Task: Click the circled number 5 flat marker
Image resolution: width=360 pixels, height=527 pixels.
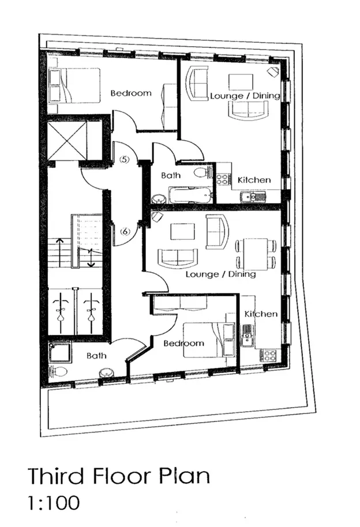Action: pyautogui.click(x=125, y=160)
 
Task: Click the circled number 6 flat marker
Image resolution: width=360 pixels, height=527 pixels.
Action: pyautogui.click(x=125, y=231)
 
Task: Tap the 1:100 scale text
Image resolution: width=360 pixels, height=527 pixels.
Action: pyautogui.click(x=54, y=502)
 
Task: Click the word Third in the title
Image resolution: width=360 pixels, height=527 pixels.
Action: pyautogui.click(x=55, y=475)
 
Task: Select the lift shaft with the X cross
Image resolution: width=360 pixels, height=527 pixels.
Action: pyautogui.click(x=67, y=141)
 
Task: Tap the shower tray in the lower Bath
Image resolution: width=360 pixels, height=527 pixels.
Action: pyautogui.click(x=60, y=353)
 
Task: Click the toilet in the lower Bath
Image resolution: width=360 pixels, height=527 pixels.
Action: pyautogui.click(x=57, y=372)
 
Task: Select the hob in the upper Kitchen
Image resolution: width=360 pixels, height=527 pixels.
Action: pyautogui.click(x=224, y=179)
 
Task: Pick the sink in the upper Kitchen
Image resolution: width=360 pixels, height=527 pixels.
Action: pyautogui.click(x=253, y=197)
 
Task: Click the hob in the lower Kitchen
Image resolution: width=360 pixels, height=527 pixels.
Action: pyautogui.click(x=268, y=356)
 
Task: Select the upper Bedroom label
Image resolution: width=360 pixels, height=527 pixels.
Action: pyautogui.click(x=131, y=93)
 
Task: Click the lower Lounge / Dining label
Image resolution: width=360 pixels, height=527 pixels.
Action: pyautogui.click(x=221, y=274)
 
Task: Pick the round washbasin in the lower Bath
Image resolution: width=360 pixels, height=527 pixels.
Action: pyautogui.click(x=106, y=374)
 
